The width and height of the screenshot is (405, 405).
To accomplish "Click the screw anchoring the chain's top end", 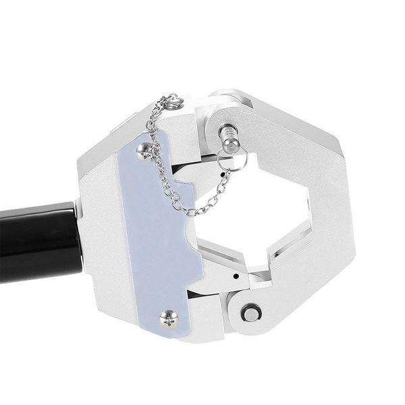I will pyautogui.click(x=174, y=101).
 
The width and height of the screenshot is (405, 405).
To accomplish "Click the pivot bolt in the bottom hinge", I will pyautogui.click(x=252, y=313).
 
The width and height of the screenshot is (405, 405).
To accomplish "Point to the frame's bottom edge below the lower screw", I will pyautogui.click(x=169, y=337).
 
